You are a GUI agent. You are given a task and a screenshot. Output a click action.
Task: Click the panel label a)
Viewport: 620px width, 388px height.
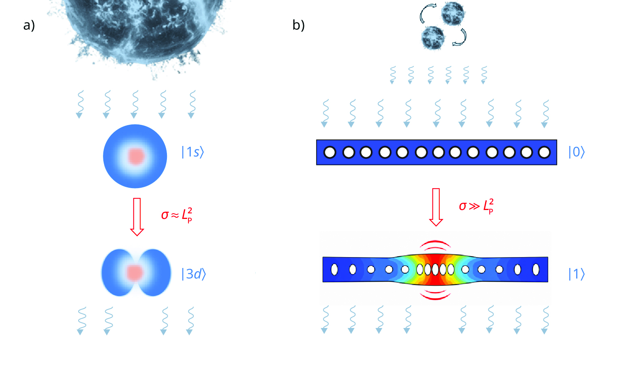point(29,26)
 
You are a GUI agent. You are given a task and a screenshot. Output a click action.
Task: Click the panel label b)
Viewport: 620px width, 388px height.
point(299,26)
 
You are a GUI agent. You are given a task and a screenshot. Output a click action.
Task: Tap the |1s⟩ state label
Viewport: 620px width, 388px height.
point(192,152)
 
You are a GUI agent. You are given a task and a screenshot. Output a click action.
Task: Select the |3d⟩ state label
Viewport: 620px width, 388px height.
point(193,274)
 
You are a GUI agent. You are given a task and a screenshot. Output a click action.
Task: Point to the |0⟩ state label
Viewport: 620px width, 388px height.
point(577,152)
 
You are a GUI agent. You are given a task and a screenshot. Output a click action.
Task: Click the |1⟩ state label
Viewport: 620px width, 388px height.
point(577,274)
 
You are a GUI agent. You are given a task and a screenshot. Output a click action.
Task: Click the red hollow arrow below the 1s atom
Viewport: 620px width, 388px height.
point(137,217)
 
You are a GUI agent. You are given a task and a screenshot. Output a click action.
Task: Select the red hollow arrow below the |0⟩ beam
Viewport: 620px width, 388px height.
point(436,207)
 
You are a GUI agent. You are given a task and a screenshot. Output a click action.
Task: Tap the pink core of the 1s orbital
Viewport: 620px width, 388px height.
point(136,156)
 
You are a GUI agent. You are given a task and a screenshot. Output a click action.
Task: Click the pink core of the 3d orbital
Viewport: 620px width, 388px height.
point(135,272)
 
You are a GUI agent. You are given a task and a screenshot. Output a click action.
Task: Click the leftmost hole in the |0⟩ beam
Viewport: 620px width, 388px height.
point(329,152)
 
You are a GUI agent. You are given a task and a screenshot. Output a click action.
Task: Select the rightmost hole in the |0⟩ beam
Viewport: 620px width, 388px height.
point(545,152)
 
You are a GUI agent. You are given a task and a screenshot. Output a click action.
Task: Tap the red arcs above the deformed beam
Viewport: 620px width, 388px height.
point(435,244)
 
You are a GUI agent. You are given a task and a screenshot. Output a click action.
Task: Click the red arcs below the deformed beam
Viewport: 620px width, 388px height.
point(435,295)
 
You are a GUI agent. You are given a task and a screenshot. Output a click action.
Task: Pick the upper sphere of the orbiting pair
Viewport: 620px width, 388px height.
point(453,13)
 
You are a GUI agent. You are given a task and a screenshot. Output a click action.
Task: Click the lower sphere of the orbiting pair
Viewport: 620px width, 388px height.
point(433,38)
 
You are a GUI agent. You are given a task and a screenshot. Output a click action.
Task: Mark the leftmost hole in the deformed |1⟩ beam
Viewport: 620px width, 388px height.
point(334,270)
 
